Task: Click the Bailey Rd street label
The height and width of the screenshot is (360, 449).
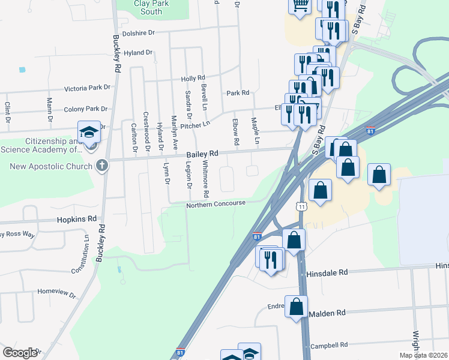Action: pos(201,154)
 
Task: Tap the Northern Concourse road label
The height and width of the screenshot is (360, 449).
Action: pos(215,203)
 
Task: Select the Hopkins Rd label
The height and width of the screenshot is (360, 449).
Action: pos(77,220)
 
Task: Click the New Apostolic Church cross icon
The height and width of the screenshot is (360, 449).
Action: pos(103,164)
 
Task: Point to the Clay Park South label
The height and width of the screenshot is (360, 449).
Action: pos(148,7)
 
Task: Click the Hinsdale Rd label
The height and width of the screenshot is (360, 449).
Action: pos(327,272)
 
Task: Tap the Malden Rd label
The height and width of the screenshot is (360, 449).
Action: pos(328,313)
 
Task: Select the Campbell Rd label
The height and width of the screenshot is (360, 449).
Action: pos(330,346)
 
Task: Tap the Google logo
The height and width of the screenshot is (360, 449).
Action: pos(19,352)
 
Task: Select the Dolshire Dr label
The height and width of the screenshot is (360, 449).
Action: pos(139,33)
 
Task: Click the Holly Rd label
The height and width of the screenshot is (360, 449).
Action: pos(193,79)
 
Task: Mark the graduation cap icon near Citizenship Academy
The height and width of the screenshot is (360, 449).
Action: pos(88,132)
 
